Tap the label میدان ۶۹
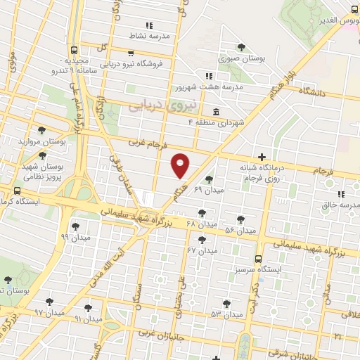pos(208,190)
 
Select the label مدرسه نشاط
pos(147,34)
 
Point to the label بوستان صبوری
pos(241,58)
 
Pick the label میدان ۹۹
pos(76,238)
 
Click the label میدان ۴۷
pos(202,250)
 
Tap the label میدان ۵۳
pos(226,314)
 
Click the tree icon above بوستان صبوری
pos(241,47)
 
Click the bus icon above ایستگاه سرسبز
pos(258,258)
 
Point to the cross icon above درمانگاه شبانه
pos(262,157)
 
